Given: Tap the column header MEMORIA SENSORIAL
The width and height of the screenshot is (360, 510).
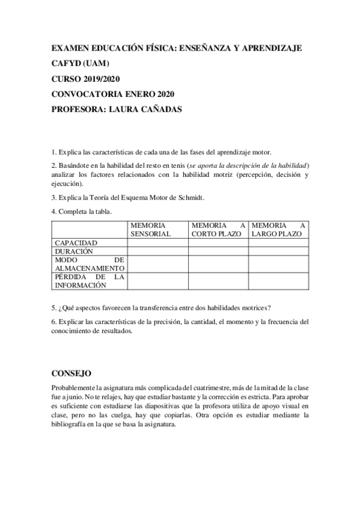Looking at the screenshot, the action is tap(151, 229).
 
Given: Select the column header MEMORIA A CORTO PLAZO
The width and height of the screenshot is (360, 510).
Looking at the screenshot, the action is tap(218, 229).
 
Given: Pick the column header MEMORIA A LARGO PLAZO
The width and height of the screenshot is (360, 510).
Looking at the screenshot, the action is tap(278, 229).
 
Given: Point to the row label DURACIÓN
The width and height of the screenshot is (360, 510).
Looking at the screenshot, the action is tap(74, 251).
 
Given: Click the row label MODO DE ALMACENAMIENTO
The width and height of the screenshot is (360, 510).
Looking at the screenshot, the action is tap(89, 263).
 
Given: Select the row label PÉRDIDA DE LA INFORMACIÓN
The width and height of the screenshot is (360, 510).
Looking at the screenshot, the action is tap(89, 281).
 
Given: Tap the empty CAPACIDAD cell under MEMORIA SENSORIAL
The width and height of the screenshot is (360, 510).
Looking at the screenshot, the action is tap(157, 243).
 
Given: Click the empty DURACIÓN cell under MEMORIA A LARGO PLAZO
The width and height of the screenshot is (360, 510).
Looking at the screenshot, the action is tap(278, 251).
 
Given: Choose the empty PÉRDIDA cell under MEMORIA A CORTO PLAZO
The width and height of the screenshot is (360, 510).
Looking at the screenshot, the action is tap(218, 281).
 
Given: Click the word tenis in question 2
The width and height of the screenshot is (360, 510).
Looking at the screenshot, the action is tap(175, 165).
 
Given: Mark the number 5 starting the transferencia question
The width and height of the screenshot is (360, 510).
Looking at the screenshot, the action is tap(53, 306).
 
